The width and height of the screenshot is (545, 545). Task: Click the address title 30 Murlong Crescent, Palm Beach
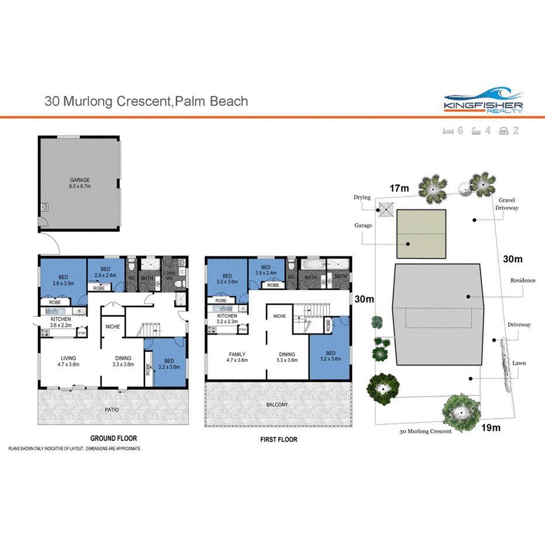coord(146,101)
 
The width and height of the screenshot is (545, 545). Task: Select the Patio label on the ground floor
coord(111,409)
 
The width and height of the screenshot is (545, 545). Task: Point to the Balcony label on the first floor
coord(278,405)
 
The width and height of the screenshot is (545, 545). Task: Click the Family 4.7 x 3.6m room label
coord(237,357)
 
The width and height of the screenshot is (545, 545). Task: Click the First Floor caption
coord(278,439)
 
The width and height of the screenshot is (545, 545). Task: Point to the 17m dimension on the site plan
coord(399,188)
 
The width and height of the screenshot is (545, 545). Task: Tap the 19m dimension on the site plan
coord(491,427)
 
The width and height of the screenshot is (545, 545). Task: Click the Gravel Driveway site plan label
coord(506,203)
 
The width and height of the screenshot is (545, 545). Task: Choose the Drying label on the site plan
coord(362,198)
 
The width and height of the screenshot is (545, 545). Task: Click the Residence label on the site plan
coord(522,280)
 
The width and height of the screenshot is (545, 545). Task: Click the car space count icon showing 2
coord(509,130)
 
